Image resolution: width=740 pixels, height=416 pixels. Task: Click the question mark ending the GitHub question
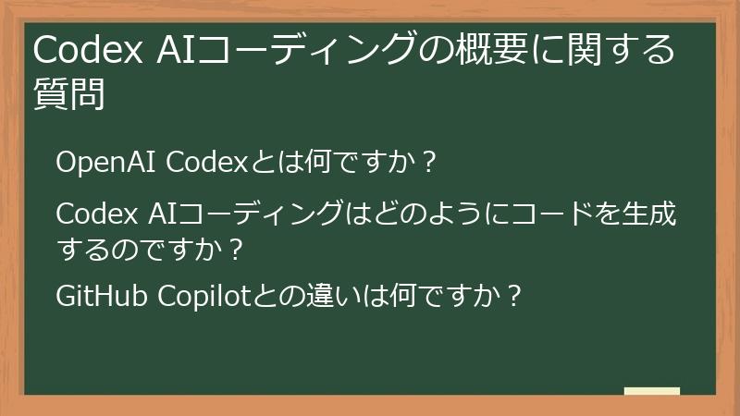pos(514,297)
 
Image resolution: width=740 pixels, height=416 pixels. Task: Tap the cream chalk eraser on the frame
pos(651,391)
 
